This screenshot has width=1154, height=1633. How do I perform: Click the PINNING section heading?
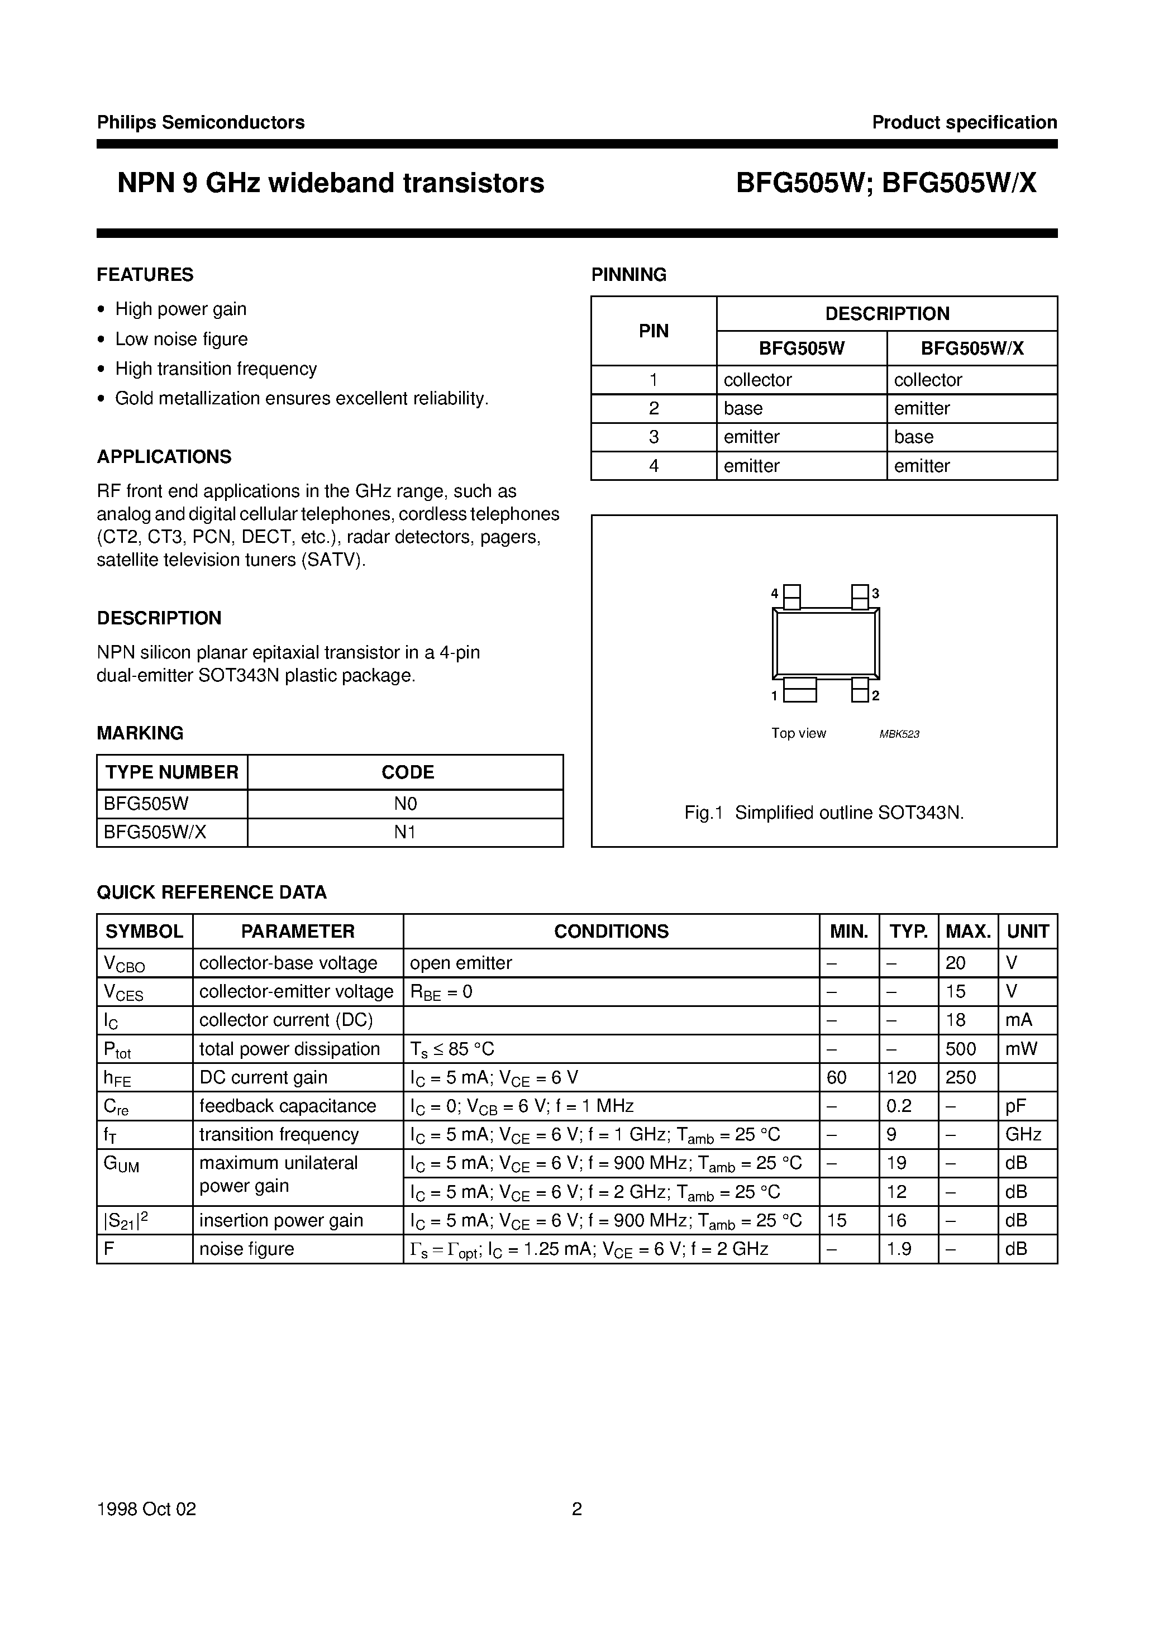(628, 275)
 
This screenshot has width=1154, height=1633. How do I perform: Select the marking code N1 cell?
(405, 832)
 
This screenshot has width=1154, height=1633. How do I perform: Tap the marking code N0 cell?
(405, 804)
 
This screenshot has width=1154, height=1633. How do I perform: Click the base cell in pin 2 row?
(743, 408)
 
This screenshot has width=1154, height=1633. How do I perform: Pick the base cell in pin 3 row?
(913, 437)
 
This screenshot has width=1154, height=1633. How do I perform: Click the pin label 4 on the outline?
(775, 593)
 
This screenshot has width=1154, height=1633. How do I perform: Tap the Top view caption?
(798, 733)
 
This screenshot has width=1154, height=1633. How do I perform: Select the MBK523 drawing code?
(899, 734)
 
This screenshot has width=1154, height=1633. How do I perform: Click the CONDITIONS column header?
(611, 931)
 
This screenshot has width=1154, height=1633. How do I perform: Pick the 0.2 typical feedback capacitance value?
(899, 1106)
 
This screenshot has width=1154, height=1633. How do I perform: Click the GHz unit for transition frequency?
(1023, 1134)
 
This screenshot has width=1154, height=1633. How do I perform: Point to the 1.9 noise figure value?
(899, 1249)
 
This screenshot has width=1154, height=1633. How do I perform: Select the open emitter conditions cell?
(461, 963)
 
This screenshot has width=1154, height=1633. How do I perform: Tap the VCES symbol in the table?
(124, 992)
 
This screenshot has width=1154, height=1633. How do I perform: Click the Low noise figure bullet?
(182, 339)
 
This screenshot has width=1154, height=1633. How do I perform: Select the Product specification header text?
(964, 122)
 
